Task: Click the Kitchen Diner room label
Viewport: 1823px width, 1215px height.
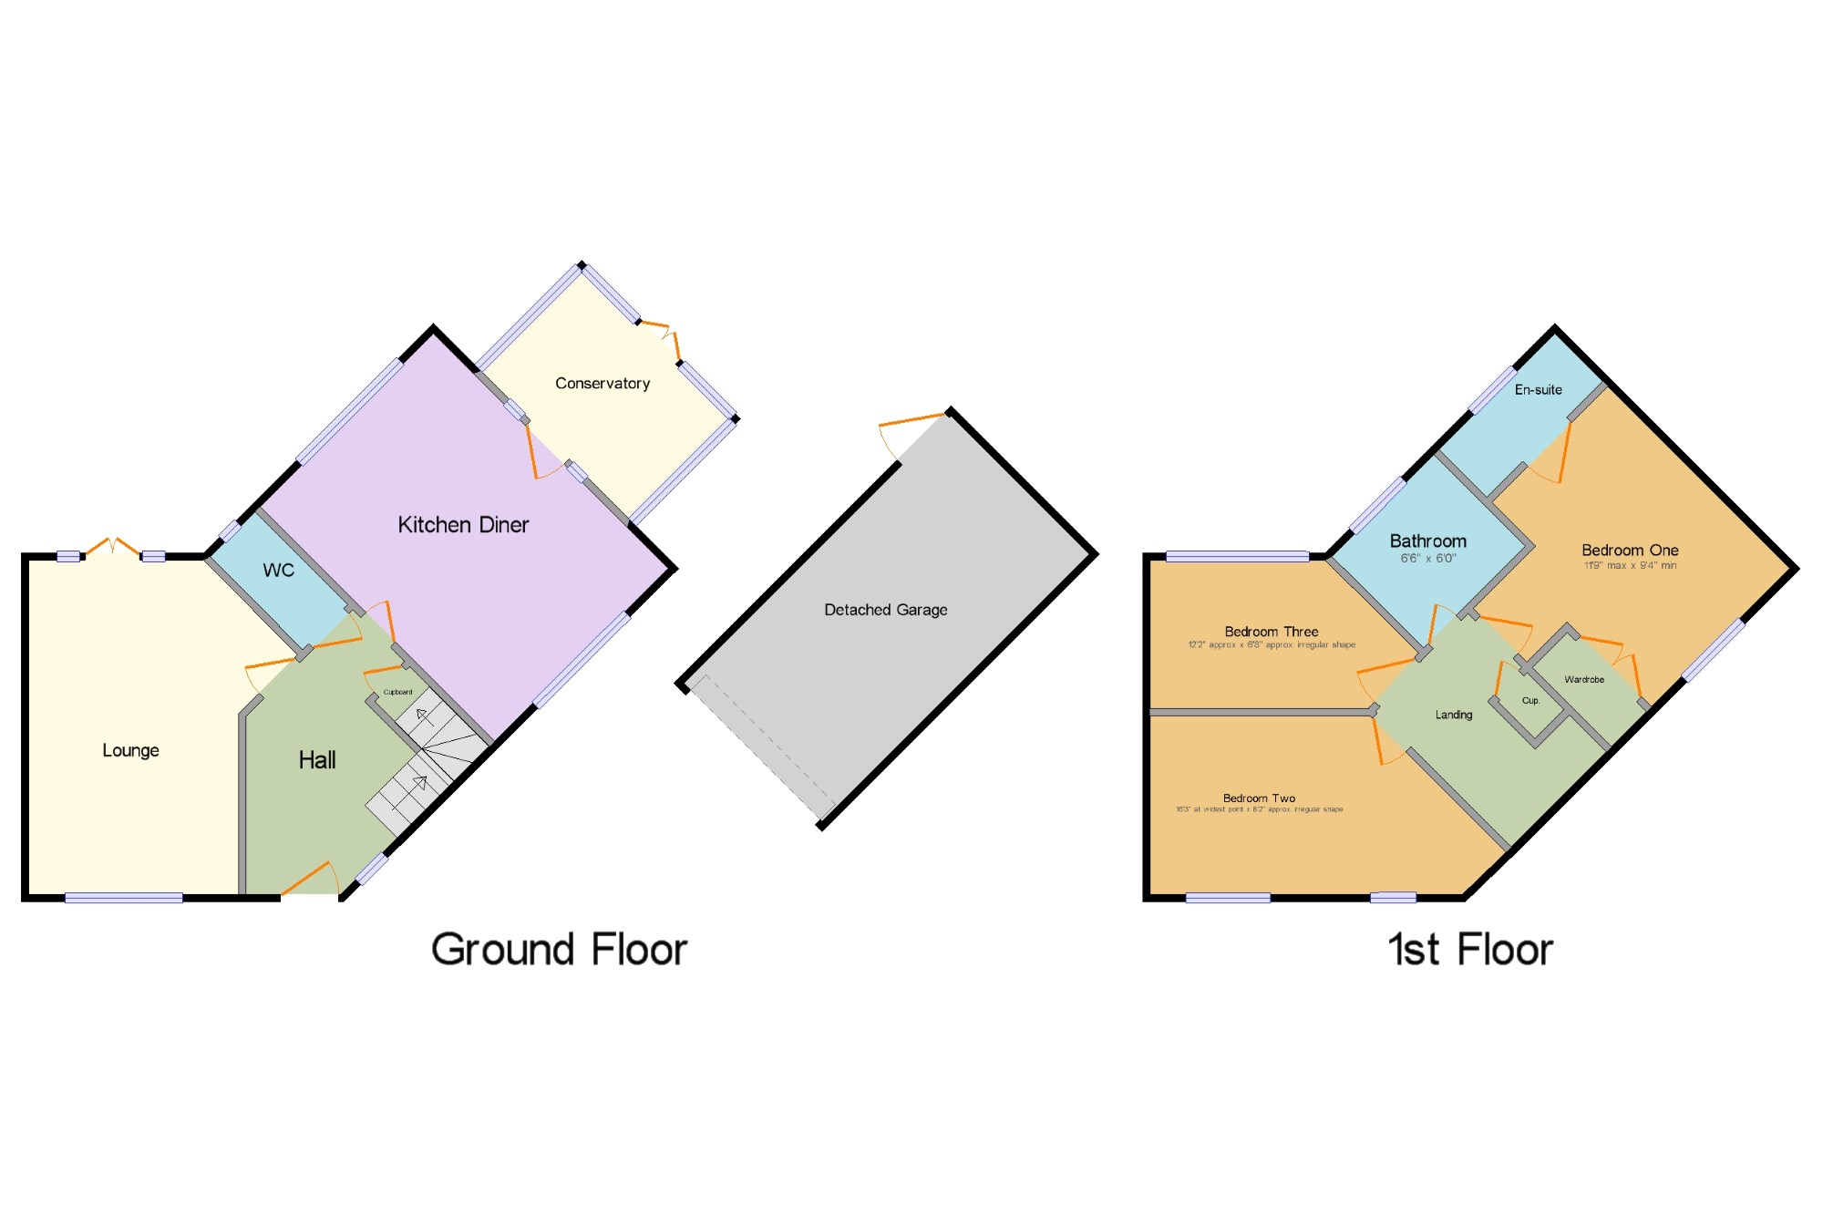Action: tap(463, 525)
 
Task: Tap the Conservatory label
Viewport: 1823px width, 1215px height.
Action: tap(603, 384)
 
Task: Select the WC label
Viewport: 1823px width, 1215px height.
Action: tap(279, 571)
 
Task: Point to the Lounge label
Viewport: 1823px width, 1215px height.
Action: tap(130, 750)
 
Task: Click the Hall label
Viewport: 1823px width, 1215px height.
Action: tap(317, 760)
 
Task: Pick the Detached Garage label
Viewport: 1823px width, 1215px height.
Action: tap(885, 610)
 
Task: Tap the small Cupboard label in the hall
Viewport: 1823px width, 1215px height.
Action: tap(397, 692)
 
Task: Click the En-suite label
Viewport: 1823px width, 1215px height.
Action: tap(1538, 390)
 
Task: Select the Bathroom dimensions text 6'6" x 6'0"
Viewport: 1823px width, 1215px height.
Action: tap(1428, 558)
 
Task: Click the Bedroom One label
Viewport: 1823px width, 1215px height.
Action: tap(1630, 551)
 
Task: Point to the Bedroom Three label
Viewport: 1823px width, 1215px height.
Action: tap(1271, 632)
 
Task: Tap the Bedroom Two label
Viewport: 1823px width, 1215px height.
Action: tap(1259, 798)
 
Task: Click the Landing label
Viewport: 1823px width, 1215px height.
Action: tap(1453, 715)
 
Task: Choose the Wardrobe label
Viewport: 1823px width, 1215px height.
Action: tap(1584, 679)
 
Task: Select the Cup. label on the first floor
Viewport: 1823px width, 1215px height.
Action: tap(1530, 701)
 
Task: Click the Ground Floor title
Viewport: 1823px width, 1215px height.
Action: tap(559, 950)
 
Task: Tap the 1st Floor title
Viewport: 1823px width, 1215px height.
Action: tap(1469, 950)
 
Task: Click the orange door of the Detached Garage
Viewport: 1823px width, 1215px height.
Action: tap(911, 421)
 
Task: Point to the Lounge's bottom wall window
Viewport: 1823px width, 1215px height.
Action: tap(124, 898)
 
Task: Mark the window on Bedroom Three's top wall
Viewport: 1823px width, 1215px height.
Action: tap(1237, 556)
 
